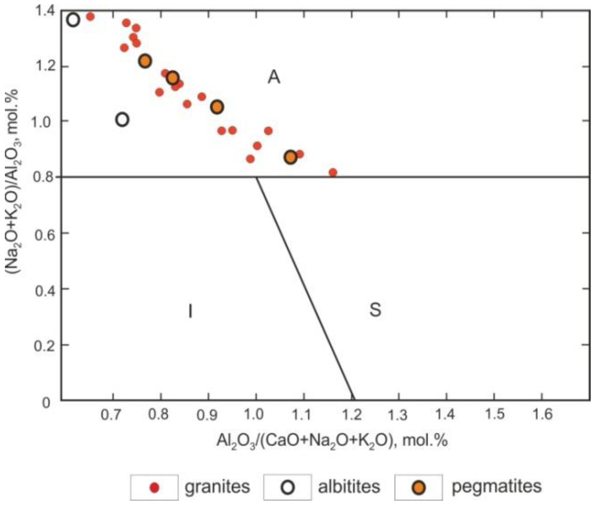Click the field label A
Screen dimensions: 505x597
[x=274, y=77]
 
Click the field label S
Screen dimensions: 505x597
[x=375, y=310]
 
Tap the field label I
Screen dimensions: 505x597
[x=190, y=311]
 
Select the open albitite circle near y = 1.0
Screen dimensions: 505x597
[x=123, y=120]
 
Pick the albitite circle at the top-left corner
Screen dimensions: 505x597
[x=73, y=20]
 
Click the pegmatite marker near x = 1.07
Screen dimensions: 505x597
[x=291, y=157]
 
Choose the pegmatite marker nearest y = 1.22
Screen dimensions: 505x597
[x=145, y=61]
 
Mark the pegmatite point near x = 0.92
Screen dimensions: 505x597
[x=217, y=107]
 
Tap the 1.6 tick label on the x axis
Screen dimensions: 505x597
[x=541, y=414]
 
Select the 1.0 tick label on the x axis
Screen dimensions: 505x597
[x=256, y=414]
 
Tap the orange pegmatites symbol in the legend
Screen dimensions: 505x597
[x=418, y=487]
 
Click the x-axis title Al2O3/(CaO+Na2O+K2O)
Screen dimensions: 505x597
[x=331, y=440]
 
